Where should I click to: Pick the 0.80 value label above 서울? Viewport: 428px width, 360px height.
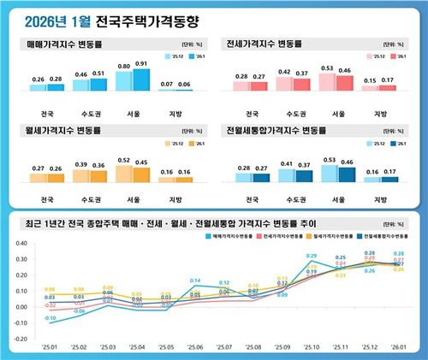124,65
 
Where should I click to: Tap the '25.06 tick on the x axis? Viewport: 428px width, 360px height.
195,348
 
